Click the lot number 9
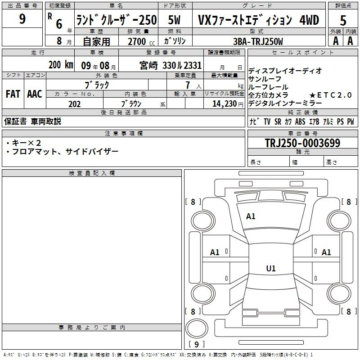click(x=22, y=18)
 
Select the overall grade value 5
click(x=343, y=20)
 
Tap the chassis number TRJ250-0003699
click(x=302, y=143)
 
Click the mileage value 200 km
click(x=61, y=64)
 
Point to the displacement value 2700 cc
click(x=141, y=41)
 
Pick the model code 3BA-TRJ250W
click(x=258, y=41)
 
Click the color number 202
click(x=74, y=104)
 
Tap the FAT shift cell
click(x=13, y=94)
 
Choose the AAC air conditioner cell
click(x=35, y=94)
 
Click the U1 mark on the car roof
click(x=271, y=268)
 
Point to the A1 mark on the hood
click(x=251, y=216)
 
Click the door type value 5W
click(x=174, y=20)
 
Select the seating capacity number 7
click(x=188, y=85)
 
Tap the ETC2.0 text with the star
click(x=330, y=95)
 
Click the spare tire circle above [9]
click(x=197, y=328)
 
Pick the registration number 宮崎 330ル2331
click(x=171, y=65)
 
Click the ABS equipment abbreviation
click(x=300, y=121)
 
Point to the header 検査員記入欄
click(x=92, y=173)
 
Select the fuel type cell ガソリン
click(x=175, y=41)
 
